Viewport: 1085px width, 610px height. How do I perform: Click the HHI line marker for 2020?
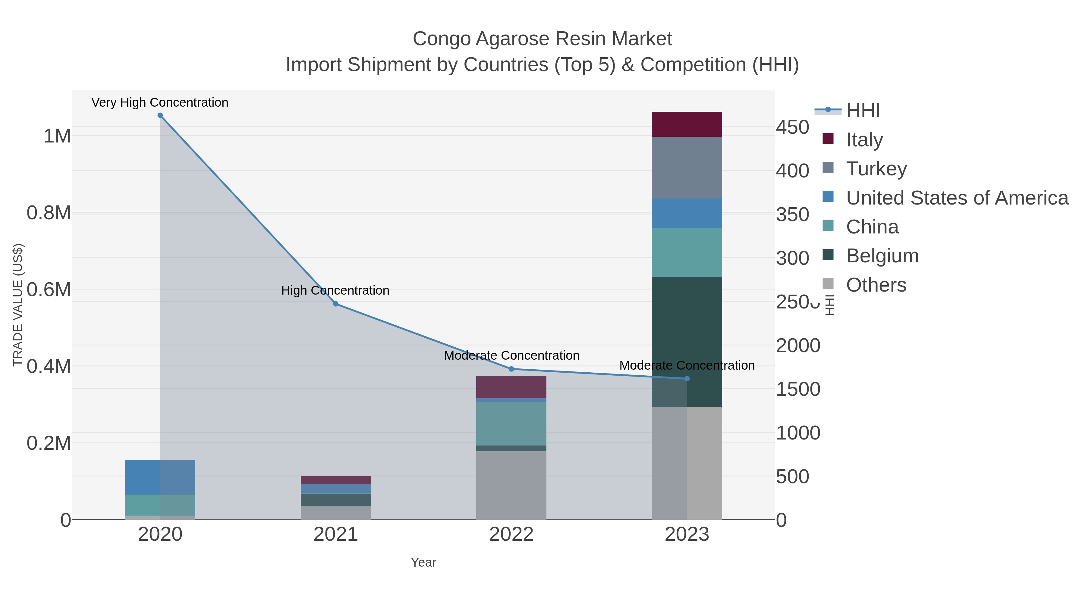(160, 115)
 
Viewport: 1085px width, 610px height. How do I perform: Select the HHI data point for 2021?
(336, 304)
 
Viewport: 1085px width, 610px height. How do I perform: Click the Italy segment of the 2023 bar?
(687, 124)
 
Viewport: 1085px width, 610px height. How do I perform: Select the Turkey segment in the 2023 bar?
(687, 167)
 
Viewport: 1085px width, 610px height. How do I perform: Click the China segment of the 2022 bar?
(511, 424)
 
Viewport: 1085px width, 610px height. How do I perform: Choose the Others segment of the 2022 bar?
(511, 485)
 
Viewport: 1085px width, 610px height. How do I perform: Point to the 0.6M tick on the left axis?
(49, 289)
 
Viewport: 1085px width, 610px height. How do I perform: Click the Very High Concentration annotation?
(160, 102)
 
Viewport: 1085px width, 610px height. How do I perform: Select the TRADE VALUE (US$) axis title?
(18, 305)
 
